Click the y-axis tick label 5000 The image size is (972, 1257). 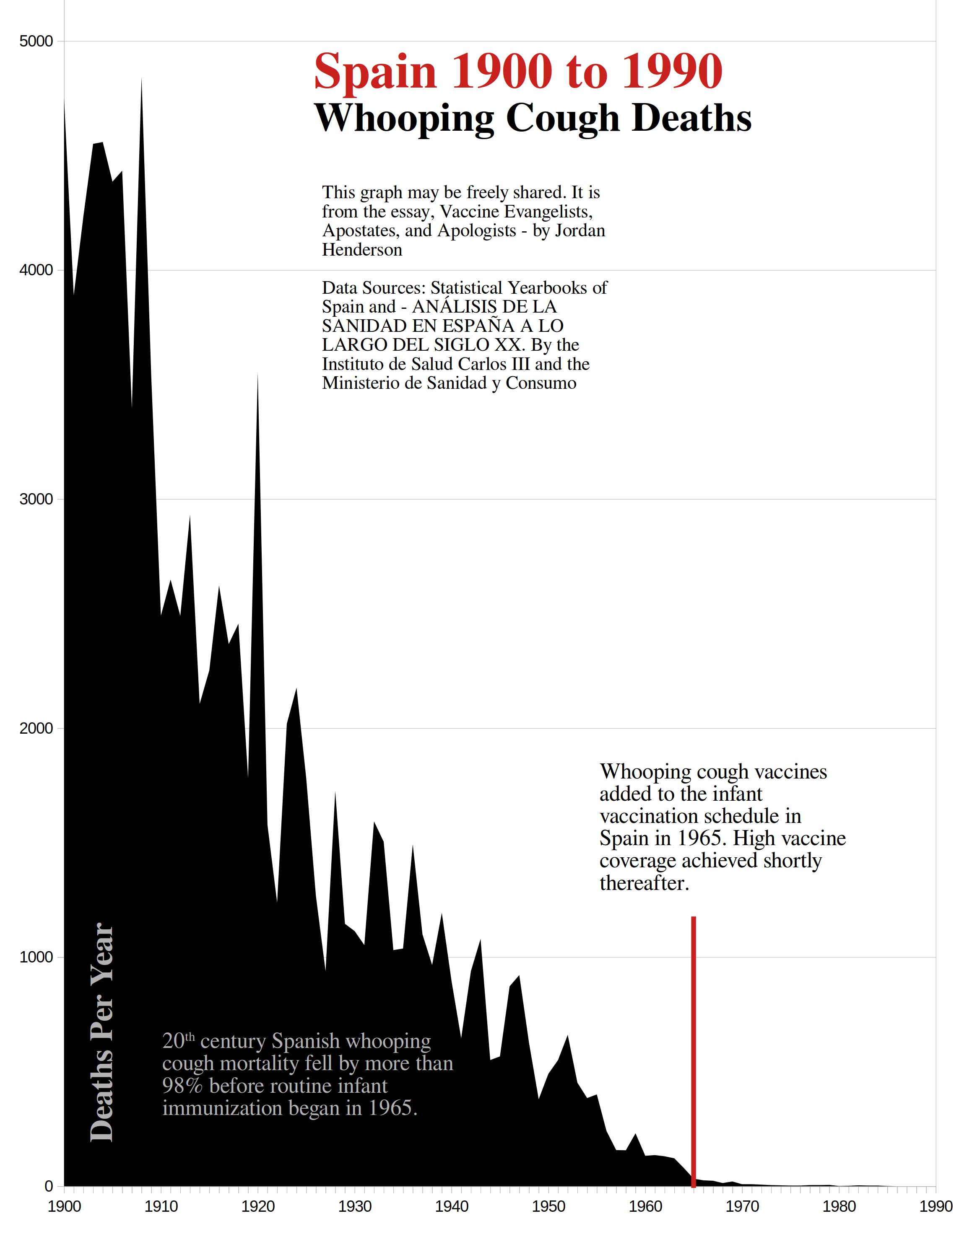point(36,41)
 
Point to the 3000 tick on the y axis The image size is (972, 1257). point(36,499)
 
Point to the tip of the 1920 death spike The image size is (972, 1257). point(257,375)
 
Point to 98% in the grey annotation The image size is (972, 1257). point(183,1086)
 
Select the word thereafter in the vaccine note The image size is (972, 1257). point(644,884)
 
